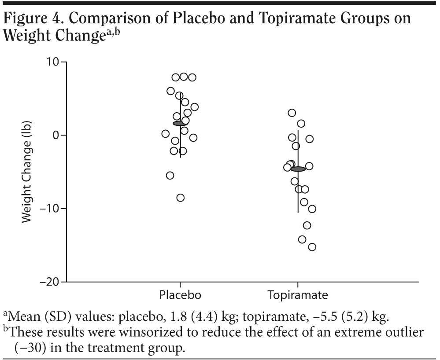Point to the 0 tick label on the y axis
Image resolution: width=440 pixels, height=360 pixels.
[x=56, y=135]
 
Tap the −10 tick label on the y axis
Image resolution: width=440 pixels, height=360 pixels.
[x=50, y=209]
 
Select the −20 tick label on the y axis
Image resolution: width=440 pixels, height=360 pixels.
[x=50, y=282]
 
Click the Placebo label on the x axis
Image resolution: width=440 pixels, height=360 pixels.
[x=180, y=294]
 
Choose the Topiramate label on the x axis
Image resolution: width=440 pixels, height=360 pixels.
[x=298, y=294]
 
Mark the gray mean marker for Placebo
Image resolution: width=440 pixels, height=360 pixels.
[x=180, y=123]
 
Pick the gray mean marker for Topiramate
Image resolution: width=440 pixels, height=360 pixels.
[x=298, y=169]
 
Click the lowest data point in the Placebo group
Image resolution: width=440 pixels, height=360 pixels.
[x=180, y=198]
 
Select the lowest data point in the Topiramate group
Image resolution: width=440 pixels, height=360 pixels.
[x=312, y=247]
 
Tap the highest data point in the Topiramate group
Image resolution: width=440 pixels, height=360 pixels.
[x=292, y=113]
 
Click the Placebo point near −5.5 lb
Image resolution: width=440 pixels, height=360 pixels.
[x=170, y=176]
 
